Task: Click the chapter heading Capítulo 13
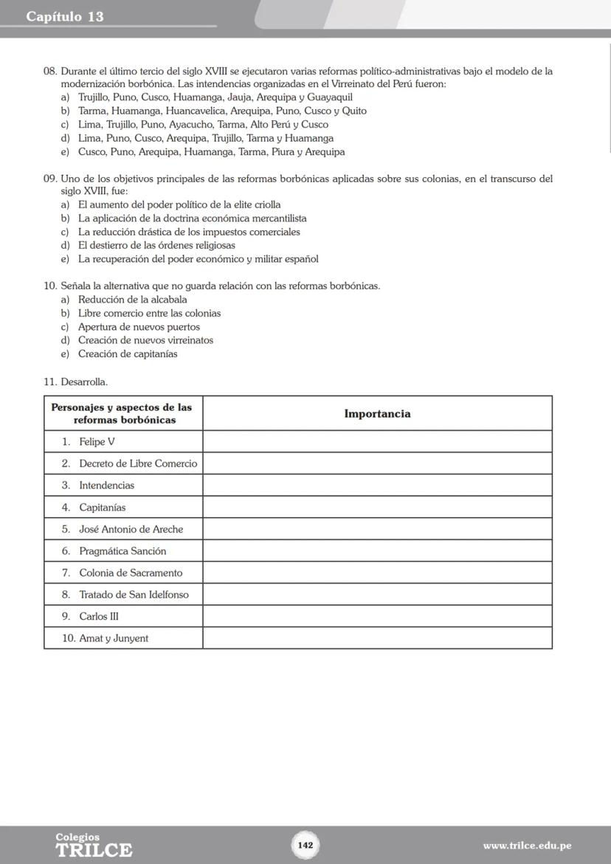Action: pos(65,16)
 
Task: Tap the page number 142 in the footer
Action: pos(305,845)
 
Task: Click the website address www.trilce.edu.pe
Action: pos(527,846)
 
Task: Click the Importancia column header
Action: pos(377,414)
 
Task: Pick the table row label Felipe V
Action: pos(97,442)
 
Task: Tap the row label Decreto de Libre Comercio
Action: pos(138,463)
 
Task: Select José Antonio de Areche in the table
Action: pos(131,529)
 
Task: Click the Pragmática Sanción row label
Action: pos(122,551)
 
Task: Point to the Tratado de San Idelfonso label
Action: pos(134,595)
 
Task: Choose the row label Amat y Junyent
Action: pos(113,638)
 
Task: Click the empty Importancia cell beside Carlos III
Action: pos(377,616)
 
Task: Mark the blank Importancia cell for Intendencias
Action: pos(377,485)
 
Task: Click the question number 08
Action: pos(50,72)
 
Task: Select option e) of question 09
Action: pos(198,259)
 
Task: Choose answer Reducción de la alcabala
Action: pos(132,300)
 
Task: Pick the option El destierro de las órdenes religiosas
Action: pos(156,245)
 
